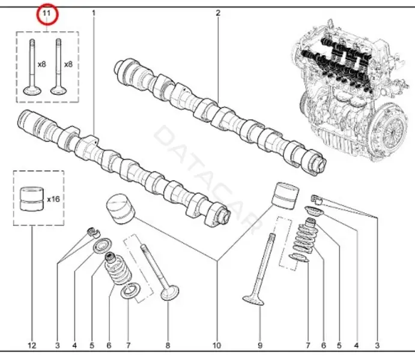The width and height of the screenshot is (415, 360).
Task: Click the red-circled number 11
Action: (47, 13)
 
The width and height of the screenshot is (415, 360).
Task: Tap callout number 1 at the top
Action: (94, 13)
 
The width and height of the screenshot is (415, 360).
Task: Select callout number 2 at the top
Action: (218, 13)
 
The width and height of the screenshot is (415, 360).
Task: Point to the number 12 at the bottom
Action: (32, 345)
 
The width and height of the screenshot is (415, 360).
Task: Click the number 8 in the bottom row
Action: (168, 345)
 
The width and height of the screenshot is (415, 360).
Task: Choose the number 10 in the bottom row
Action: (216, 345)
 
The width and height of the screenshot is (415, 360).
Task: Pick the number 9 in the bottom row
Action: (260, 345)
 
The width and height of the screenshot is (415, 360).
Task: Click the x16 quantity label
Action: (53, 199)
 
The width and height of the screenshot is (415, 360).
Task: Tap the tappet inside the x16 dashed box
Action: (32, 199)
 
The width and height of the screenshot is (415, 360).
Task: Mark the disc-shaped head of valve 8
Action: (170, 292)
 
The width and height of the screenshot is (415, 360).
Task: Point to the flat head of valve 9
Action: (253, 301)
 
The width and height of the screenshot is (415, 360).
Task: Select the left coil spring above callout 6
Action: (118, 269)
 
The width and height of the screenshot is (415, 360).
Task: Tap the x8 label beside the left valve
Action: (41, 64)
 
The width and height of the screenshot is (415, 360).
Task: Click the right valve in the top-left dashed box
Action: (58, 67)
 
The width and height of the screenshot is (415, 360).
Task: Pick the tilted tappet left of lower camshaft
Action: (121, 209)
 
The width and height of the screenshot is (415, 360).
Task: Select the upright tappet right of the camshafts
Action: (286, 196)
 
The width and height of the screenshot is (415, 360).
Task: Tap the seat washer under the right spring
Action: (299, 257)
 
